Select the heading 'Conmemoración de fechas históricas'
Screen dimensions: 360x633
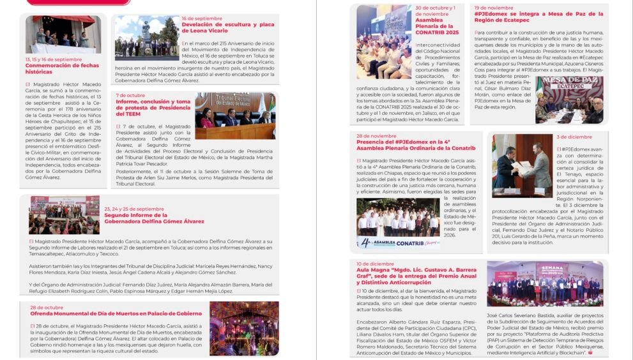54,68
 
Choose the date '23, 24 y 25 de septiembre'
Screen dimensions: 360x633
133,208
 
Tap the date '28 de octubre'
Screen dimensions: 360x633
46,307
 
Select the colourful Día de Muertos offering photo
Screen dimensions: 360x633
244,327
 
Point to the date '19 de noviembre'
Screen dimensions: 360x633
494,8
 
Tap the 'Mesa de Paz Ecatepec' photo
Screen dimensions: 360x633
569,98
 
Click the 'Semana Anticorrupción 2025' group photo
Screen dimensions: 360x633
544,283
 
